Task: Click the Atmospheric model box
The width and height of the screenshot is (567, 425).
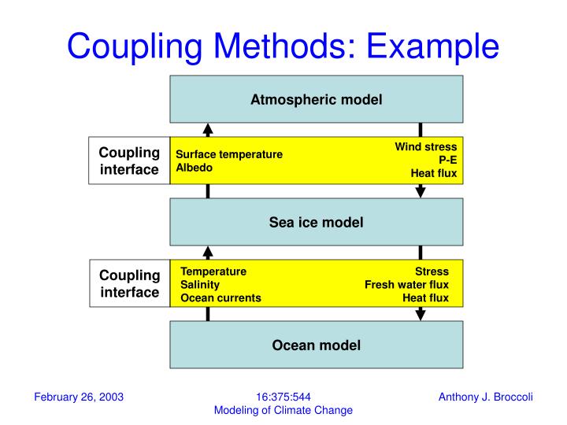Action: click(x=316, y=99)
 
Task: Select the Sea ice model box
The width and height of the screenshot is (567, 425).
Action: click(x=316, y=222)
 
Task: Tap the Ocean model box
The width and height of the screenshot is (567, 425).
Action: click(x=316, y=345)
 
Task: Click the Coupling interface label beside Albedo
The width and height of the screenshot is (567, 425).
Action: click(x=129, y=161)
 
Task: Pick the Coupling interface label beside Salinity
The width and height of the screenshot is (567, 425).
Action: click(x=129, y=283)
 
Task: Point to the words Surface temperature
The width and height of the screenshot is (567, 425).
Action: click(x=228, y=155)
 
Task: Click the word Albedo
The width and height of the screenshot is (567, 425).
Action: click(x=194, y=168)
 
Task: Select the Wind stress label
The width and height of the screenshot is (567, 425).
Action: click(x=425, y=146)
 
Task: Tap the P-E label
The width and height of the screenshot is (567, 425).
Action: click(x=447, y=160)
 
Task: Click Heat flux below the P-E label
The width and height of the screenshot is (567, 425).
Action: click(x=433, y=173)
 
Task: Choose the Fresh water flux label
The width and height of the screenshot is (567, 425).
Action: click(x=406, y=285)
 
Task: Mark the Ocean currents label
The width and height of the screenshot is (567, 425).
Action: click(x=220, y=298)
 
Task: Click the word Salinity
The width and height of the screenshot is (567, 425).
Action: click(x=200, y=285)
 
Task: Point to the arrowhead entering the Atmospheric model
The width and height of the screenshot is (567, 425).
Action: click(x=208, y=129)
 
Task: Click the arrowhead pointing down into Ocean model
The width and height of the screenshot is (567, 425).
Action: click(x=421, y=314)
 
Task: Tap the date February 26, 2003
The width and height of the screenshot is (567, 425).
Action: click(x=79, y=397)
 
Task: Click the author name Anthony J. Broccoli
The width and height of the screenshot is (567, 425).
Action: click(x=485, y=397)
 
